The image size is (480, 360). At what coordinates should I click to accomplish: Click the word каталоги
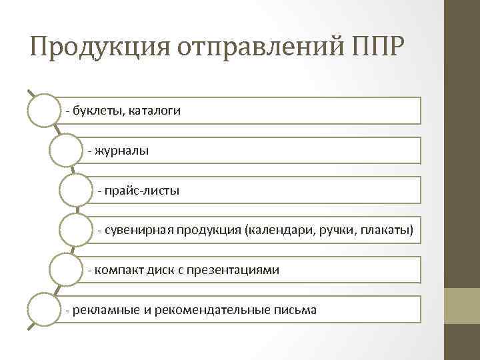pos(153,110)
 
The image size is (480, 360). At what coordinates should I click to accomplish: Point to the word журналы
pos(122,151)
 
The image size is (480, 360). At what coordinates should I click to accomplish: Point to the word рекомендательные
pos(207,310)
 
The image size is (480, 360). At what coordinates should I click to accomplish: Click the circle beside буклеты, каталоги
pos(44,111)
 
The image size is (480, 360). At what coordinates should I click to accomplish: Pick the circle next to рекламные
pos(44,310)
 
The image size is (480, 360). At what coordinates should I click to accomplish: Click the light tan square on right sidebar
pos(463,305)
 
